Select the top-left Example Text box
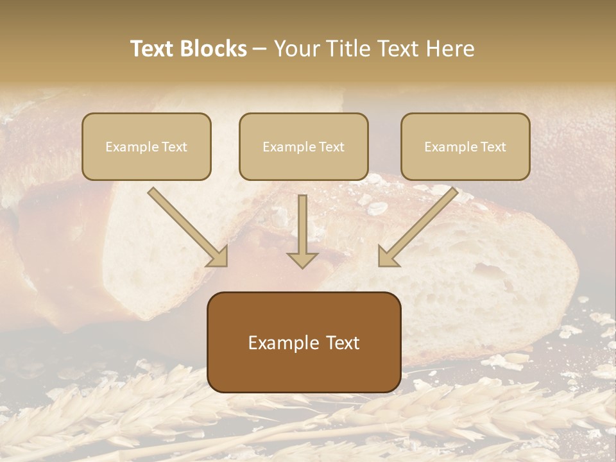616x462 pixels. [x=146, y=146]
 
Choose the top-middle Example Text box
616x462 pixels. [x=304, y=146]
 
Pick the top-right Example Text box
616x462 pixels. [x=465, y=146]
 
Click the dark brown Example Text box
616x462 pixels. [x=304, y=342]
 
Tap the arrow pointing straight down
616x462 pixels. [x=302, y=231]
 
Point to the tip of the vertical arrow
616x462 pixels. [x=302, y=266]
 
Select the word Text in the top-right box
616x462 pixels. [x=493, y=147]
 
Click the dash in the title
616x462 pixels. [x=260, y=49]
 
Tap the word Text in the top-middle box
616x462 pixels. [x=331, y=147]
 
